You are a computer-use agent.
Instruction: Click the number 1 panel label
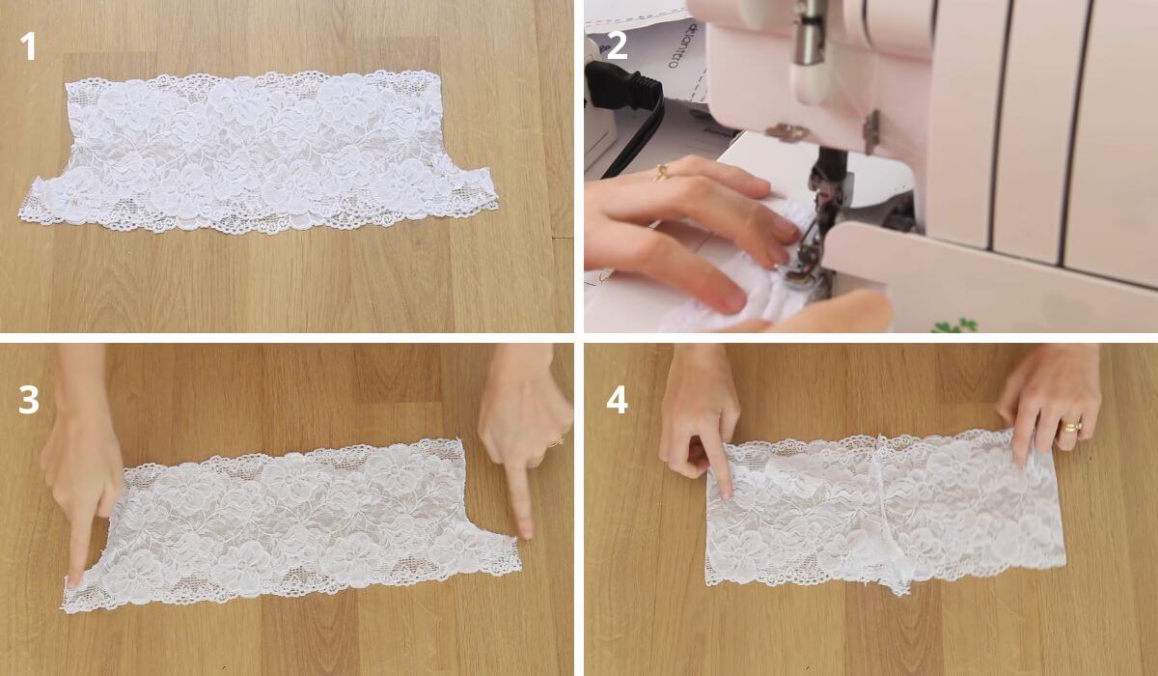29,45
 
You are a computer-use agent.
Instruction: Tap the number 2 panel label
617,45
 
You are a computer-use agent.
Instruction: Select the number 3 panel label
29,399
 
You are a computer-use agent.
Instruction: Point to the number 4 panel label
617,399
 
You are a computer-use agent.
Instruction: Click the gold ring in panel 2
662,173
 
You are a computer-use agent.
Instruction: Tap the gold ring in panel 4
1072,426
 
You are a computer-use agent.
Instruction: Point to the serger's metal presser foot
801,270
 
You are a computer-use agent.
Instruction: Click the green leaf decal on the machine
955,325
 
